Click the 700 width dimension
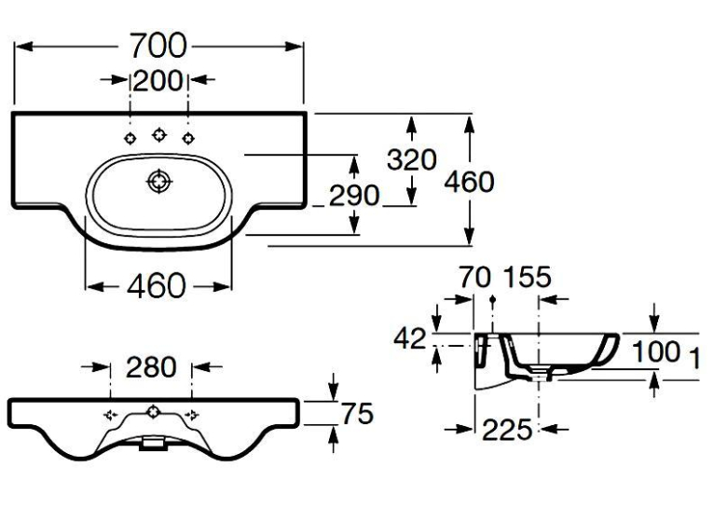tap(158, 46)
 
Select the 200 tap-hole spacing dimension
tap(158, 80)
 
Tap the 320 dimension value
tap(412, 159)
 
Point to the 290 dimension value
tap(354, 196)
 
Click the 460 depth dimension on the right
tap(469, 182)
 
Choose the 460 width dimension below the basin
tap(157, 286)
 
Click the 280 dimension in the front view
tap(151, 367)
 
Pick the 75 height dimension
tap(357, 414)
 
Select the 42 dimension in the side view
tap(410, 338)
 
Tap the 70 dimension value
tap(475, 277)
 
